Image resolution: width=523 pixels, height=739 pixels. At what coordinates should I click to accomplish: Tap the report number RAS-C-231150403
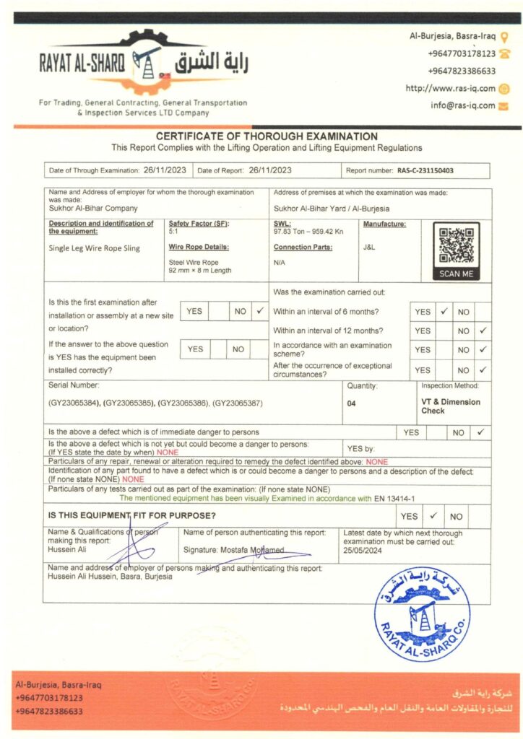[426, 171]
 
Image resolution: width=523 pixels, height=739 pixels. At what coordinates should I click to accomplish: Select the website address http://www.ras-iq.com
[451, 89]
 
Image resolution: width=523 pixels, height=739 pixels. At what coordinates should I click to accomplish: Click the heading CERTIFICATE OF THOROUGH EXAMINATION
[267, 136]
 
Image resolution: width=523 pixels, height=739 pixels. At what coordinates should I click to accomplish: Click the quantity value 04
[351, 403]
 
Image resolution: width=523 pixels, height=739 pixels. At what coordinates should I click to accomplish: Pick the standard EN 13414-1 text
[405, 498]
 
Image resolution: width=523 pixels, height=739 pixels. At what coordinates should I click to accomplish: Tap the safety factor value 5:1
[173, 232]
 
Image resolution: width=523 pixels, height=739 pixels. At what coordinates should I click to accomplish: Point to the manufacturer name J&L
[369, 247]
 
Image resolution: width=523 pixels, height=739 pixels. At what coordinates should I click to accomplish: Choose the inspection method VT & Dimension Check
[451, 406]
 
